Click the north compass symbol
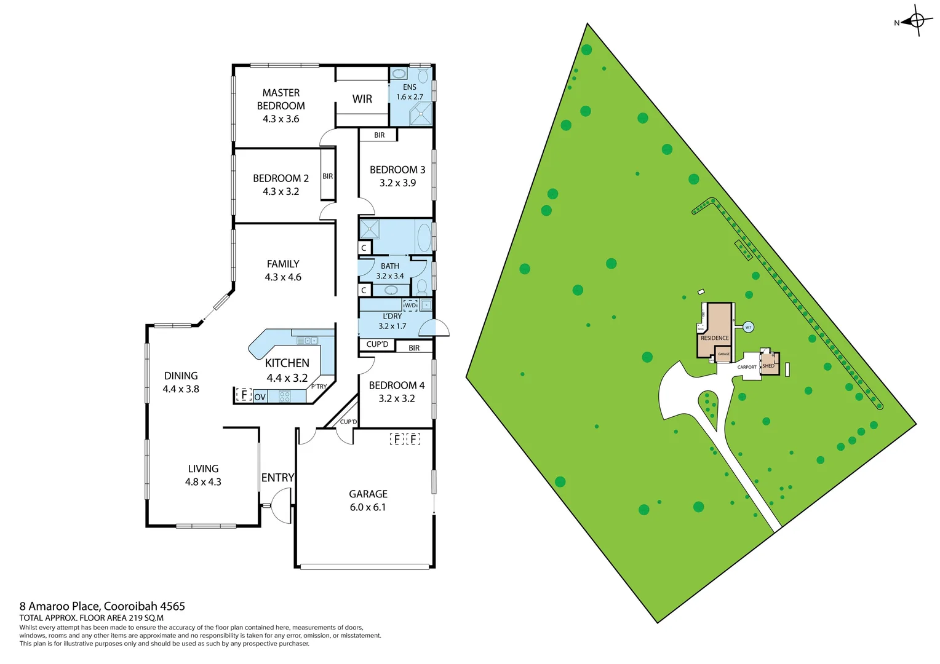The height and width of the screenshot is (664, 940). click(x=916, y=21)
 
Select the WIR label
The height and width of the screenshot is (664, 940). click(x=362, y=99)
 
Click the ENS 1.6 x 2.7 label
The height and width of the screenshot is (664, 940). click(x=410, y=92)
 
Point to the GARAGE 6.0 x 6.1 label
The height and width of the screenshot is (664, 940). click(x=368, y=500)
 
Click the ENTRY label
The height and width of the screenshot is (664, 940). click(x=277, y=478)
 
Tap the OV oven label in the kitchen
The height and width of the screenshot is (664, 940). click(x=260, y=397)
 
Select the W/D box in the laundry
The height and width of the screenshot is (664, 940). click(x=410, y=305)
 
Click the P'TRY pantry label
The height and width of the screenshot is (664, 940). click(x=319, y=387)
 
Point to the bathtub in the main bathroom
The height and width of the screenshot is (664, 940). click(x=424, y=237)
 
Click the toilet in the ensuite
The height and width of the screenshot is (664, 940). click(x=423, y=76)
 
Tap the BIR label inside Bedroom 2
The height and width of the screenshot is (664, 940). click(x=328, y=176)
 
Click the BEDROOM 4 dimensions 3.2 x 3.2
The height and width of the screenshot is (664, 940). click(x=397, y=398)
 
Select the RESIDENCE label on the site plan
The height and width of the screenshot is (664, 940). click(x=714, y=338)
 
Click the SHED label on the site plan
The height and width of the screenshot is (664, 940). click(x=768, y=366)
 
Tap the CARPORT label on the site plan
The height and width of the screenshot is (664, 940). click(x=747, y=367)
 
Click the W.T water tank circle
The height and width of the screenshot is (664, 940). click(x=748, y=327)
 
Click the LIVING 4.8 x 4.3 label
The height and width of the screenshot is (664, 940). click(x=203, y=475)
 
